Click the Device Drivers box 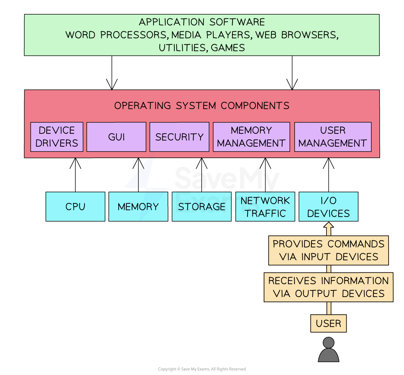(57, 137)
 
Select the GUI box (116, 137)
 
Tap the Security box (179, 137)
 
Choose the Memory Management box (251, 137)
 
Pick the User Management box (333, 137)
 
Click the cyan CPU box (75, 207)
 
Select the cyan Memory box (138, 207)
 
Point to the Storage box (202, 207)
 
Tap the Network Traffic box (265, 207)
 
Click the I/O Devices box (328, 207)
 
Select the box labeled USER (328, 324)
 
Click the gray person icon (328, 350)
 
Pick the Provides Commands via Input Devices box (328, 250)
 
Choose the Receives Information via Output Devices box (328, 287)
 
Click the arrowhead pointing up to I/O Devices (329, 225)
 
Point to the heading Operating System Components (202, 106)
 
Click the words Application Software (202, 22)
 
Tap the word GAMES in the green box (228, 48)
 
